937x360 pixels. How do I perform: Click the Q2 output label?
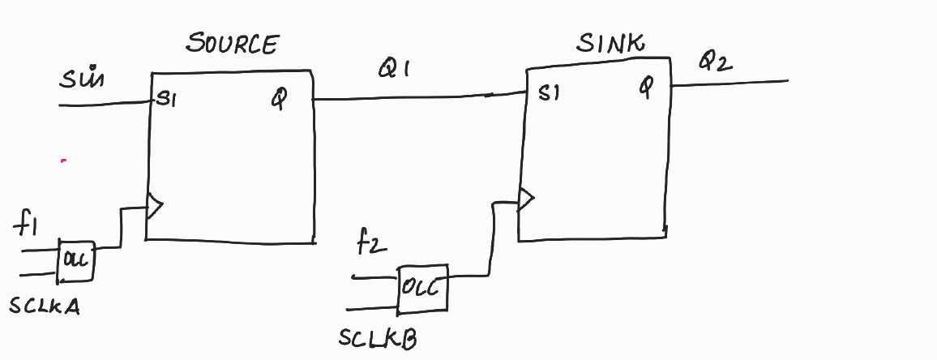point(717,62)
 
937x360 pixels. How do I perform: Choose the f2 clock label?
point(370,242)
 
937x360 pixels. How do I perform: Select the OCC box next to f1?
point(75,260)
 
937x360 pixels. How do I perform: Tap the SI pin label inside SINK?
point(549,95)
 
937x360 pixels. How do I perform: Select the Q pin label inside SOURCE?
point(279,101)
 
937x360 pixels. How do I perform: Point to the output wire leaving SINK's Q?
point(729,83)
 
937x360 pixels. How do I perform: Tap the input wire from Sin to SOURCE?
point(105,104)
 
